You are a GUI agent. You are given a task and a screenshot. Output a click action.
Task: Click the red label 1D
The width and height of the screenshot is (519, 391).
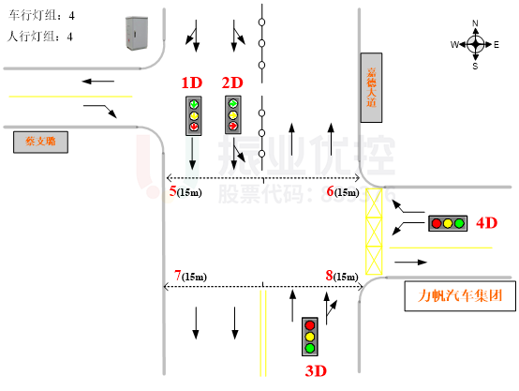[x=191, y=83]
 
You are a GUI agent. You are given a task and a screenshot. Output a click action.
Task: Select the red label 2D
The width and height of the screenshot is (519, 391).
[x=232, y=83]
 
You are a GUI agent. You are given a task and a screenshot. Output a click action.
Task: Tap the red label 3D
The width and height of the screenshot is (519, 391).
[x=316, y=370]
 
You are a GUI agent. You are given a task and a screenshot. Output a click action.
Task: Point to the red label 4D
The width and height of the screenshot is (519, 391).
[x=486, y=223]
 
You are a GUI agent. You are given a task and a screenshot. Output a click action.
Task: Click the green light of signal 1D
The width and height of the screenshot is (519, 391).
[x=194, y=104]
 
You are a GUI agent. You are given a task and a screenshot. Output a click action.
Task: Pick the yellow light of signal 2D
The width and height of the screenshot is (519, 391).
[x=233, y=114]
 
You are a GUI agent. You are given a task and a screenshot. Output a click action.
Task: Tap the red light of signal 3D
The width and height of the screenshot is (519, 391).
[x=310, y=325]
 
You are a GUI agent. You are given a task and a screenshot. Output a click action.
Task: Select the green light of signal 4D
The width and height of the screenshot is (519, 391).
[x=459, y=223]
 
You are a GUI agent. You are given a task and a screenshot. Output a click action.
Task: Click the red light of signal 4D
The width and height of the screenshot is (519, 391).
[x=437, y=223]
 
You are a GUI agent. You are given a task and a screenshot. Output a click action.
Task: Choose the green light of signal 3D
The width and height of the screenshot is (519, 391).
[x=310, y=348]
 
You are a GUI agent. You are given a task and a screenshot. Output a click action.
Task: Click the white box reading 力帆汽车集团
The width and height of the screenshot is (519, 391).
[x=460, y=295]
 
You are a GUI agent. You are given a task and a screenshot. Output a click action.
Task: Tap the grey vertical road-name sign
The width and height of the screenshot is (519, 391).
[x=371, y=87]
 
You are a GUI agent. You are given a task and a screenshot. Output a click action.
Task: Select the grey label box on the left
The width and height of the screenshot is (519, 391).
[x=40, y=142]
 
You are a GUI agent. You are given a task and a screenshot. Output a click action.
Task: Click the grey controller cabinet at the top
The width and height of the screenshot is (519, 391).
[x=137, y=33]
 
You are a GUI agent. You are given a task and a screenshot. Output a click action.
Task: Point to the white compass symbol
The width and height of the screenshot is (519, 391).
[x=476, y=44]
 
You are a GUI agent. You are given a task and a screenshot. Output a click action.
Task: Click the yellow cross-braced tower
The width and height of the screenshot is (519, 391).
[x=374, y=231]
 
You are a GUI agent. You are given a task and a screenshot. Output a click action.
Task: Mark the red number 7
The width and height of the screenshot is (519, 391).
[x=177, y=276]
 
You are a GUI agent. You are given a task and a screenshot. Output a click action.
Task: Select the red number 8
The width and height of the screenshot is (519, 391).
[x=329, y=276]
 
